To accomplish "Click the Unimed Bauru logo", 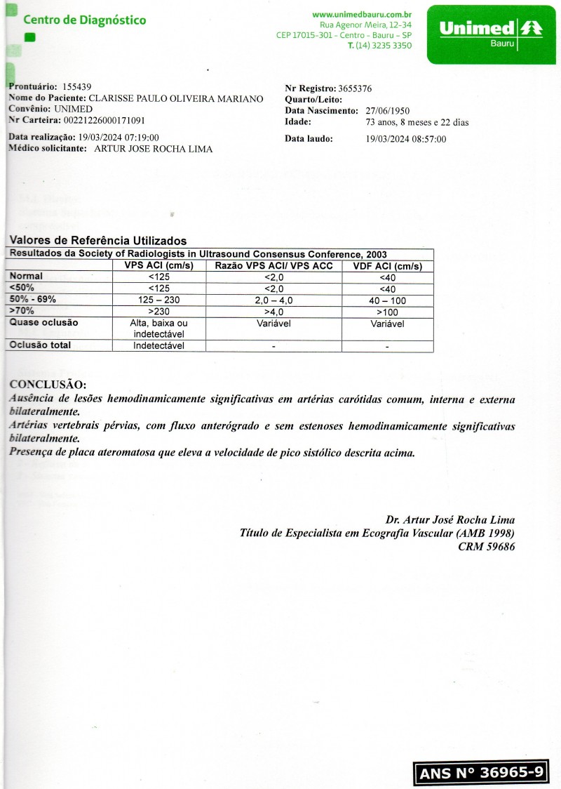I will click(x=491, y=32).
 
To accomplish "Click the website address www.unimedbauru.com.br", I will click(x=362, y=14).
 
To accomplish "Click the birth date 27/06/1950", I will click(x=388, y=111).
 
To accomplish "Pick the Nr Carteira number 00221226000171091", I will click(x=97, y=121).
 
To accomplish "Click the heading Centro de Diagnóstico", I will click(x=85, y=20).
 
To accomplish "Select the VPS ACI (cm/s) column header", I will click(x=159, y=266).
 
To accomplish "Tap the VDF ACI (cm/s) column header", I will click(x=386, y=266).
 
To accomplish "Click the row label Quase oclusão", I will click(x=43, y=323).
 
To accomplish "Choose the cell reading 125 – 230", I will click(x=159, y=300).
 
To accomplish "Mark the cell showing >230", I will click(x=159, y=311).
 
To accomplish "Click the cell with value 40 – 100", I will click(x=386, y=300).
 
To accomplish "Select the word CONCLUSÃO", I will click(x=48, y=385).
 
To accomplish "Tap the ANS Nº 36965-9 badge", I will click(x=481, y=773).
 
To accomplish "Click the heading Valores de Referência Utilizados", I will click(x=98, y=241).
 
